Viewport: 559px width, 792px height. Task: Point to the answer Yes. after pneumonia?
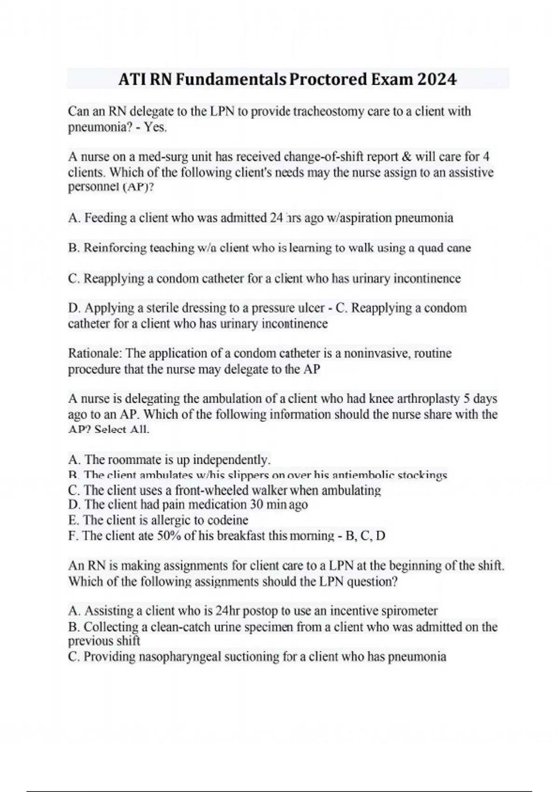(x=155, y=127)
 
